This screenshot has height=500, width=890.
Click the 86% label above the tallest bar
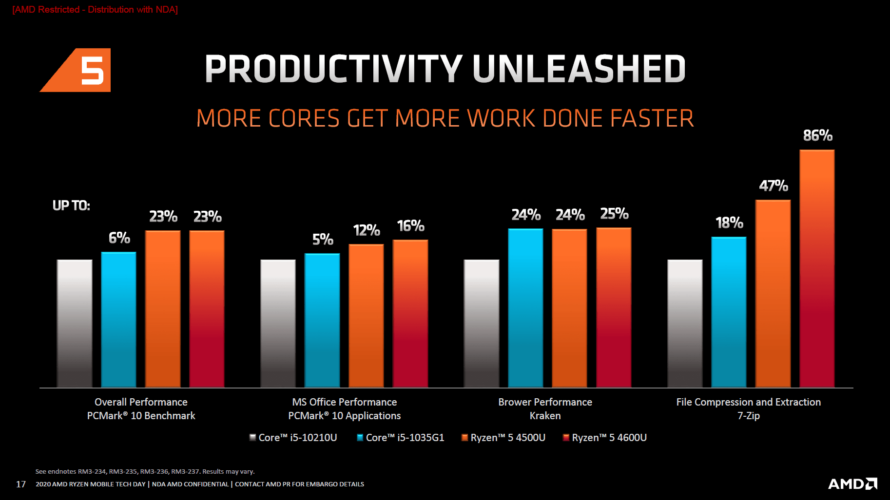pos(817,135)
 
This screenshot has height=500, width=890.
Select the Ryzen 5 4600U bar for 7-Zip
pos(817,268)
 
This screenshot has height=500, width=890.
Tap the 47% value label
pos(774,185)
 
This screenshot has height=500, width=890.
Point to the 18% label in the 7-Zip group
pos(729,223)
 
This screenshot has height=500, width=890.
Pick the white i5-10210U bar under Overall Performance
pos(75,323)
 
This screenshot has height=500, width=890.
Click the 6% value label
pos(119,238)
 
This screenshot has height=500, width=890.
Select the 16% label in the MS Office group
pos(410,226)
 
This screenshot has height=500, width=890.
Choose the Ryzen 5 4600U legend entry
pos(605,438)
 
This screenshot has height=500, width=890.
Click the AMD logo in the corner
pos(852,483)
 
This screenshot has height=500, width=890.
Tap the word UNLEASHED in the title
pos(579,69)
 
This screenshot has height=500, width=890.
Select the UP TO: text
pos(71,205)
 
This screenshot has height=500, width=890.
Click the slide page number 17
pos(21,484)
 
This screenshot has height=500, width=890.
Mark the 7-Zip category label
pos(748,416)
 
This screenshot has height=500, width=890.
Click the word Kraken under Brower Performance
pos(545,416)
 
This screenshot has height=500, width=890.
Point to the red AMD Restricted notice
pos(95,9)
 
